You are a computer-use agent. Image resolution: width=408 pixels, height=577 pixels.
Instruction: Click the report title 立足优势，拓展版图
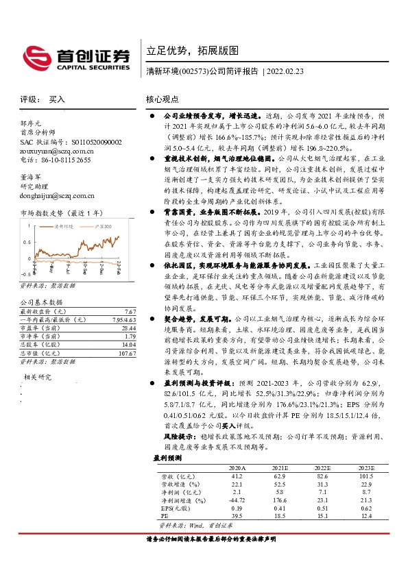point(193,51)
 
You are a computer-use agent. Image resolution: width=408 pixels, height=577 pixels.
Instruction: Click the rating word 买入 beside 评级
point(57,99)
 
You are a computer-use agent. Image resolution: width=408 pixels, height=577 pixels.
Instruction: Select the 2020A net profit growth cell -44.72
point(237,500)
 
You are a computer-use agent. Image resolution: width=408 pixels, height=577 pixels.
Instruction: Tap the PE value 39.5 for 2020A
point(237,517)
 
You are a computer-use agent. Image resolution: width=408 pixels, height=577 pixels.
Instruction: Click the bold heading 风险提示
point(164,434)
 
